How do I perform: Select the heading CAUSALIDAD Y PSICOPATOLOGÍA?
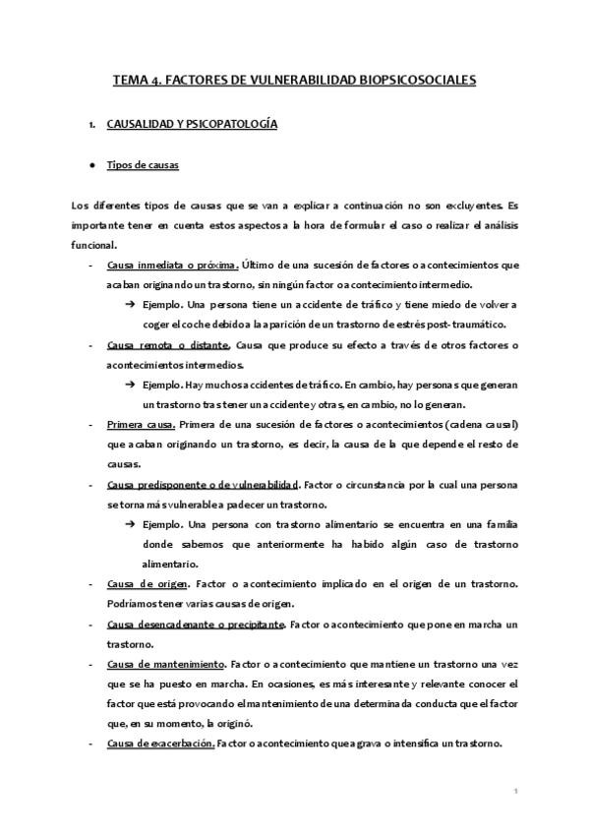[x=192, y=125]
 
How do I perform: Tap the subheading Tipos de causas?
[x=143, y=164]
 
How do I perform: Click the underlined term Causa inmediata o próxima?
[x=172, y=265]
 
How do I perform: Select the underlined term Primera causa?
[x=141, y=425]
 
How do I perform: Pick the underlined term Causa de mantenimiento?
[x=165, y=665]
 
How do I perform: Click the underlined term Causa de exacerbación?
[x=160, y=745]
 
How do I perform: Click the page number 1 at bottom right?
[x=515, y=790]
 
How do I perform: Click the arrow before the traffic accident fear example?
[x=131, y=304]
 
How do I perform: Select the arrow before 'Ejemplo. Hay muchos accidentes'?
[x=131, y=385]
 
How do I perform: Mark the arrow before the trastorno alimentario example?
[x=131, y=524]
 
